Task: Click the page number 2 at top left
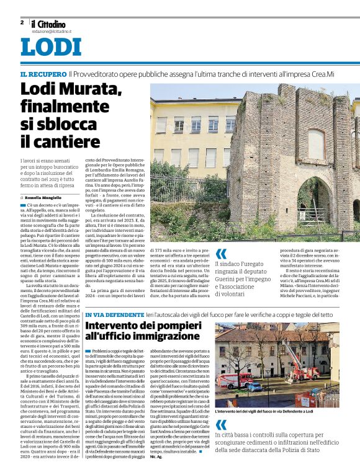pyautogui.click(x=22, y=22)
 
